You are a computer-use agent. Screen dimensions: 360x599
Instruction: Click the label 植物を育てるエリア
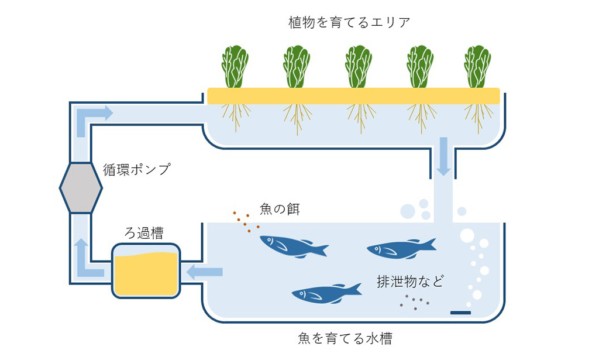349,23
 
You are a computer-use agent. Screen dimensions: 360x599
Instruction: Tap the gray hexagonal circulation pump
81,188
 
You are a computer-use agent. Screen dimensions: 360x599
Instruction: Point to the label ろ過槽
144,233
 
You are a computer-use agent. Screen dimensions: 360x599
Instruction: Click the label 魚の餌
279,208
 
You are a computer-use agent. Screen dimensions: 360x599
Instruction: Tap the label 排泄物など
410,282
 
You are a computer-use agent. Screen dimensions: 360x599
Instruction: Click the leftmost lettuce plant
235,66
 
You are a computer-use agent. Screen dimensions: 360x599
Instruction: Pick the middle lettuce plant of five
358,66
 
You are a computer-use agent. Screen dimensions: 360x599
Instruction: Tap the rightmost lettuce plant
477,66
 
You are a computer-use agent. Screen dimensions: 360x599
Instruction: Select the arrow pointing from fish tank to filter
204,272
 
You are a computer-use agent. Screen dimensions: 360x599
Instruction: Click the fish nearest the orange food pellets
292,246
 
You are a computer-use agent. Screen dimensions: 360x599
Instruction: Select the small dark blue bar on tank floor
460,313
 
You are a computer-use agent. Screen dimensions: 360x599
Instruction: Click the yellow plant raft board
353,96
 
